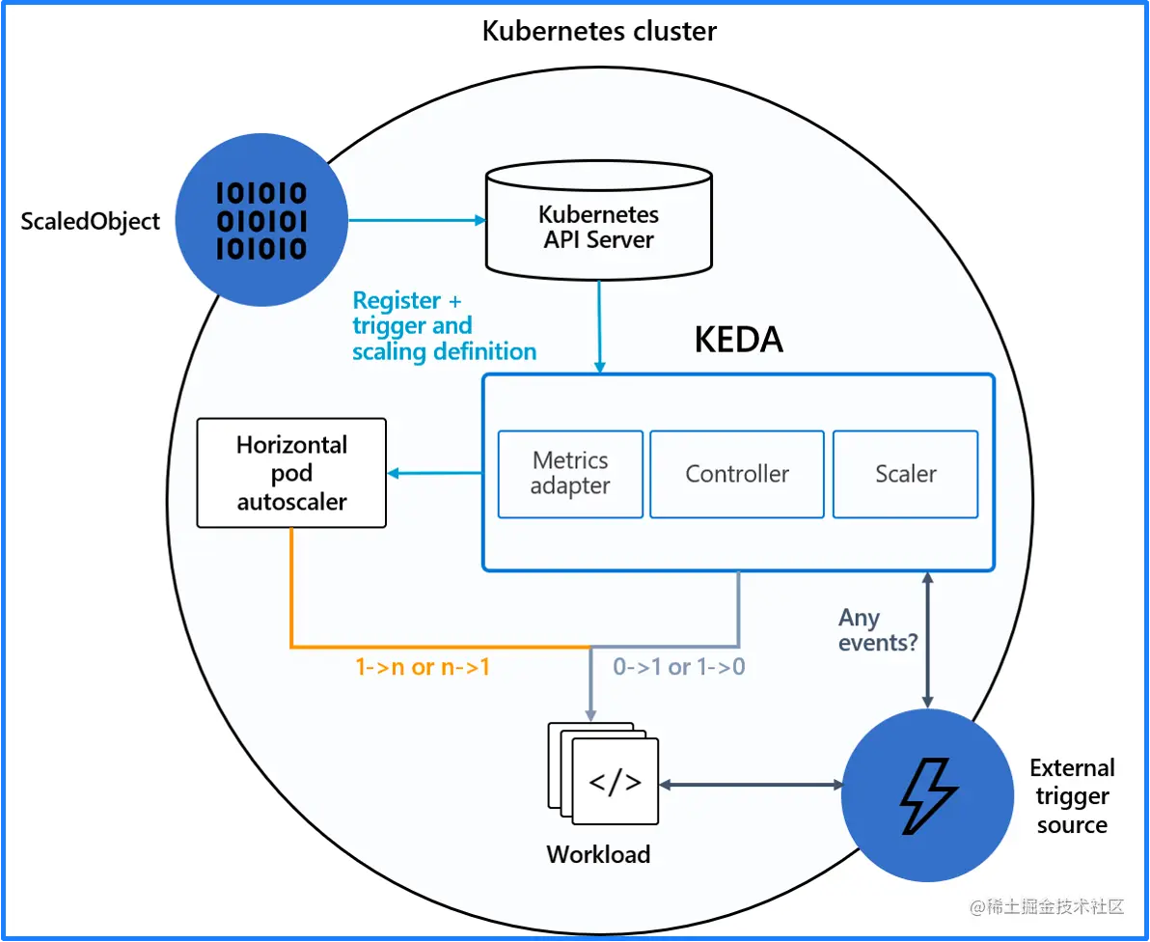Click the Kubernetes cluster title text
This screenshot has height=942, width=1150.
click(599, 31)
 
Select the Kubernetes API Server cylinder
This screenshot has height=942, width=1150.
click(598, 219)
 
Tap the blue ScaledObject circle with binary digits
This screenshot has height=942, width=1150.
click(261, 221)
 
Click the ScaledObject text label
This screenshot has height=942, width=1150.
click(91, 221)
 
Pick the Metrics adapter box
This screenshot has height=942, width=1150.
click(570, 474)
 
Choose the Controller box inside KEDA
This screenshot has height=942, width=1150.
click(737, 474)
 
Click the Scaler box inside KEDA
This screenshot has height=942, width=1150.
click(905, 474)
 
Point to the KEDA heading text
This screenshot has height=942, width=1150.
click(739, 340)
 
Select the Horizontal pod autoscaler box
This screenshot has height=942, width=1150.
click(291, 473)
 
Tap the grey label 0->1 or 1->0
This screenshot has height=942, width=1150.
click(679, 666)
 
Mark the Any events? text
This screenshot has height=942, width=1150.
click(877, 629)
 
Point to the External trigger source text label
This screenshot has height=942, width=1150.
click(1072, 796)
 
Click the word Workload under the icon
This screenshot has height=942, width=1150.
click(598, 854)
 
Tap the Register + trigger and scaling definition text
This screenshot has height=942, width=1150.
click(444, 326)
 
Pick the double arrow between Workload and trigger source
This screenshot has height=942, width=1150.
click(751, 785)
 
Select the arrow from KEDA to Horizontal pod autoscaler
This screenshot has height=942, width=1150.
click(434, 473)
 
